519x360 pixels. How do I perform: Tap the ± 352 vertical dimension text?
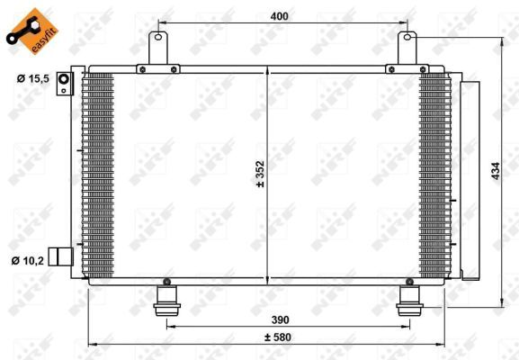(260, 171)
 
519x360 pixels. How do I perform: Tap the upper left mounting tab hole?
(160, 38)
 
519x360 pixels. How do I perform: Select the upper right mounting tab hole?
(407, 38)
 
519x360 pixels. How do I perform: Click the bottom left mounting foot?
(166, 299)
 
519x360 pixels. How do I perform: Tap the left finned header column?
(98, 175)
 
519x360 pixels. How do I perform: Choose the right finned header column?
(434, 175)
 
